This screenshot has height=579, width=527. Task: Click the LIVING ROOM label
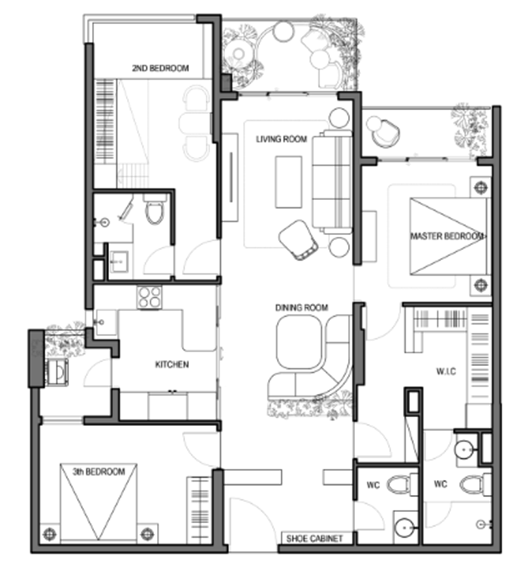(x=281, y=139)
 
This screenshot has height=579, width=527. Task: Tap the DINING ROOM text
(x=301, y=308)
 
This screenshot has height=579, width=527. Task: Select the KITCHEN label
(x=172, y=364)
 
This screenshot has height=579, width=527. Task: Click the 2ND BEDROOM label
(x=161, y=68)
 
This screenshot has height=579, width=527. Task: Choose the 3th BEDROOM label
(x=99, y=471)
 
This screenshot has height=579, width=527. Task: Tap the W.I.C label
(x=446, y=371)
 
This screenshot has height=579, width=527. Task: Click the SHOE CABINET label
(x=314, y=538)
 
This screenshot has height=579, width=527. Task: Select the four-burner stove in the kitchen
(x=150, y=297)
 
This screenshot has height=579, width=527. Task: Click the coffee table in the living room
(x=289, y=182)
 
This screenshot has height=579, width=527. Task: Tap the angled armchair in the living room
(x=298, y=240)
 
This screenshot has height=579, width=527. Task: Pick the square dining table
(x=299, y=342)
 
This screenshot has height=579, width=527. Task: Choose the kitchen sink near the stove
(x=105, y=322)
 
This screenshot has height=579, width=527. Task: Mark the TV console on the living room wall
(x=230, y=177)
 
